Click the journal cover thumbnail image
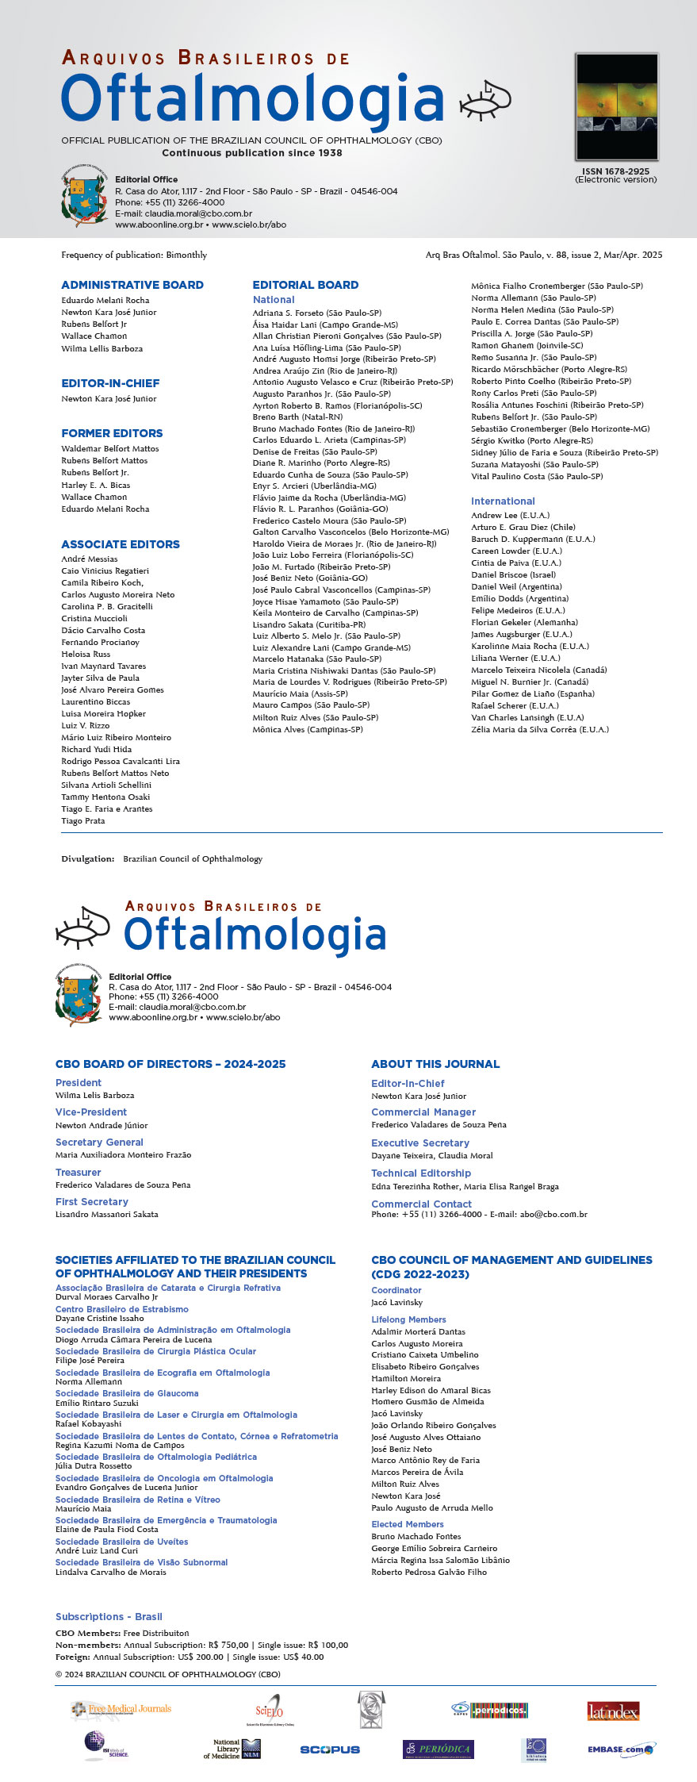pos(617,106)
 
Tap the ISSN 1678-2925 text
pos(615,171)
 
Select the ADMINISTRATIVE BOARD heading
pos(132,285)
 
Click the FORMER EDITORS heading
pos(112,433)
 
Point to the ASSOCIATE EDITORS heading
pos(121,544)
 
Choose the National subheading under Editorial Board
pos(274,300)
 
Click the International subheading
pos(503,501)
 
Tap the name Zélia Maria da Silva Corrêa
pos(540,729)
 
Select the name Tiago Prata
pos(83,821)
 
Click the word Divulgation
pos(87,858)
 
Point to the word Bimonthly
pos(186,255)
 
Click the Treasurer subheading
pos(79,1172)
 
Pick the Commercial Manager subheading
pos(423,1112)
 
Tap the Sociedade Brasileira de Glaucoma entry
pos(127,1393)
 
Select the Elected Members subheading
pos(408,1524)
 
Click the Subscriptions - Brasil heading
pos(109,1616)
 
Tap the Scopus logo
pos(330,1749)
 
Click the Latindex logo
pos(613,1711)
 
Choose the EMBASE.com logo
pos(621,1749)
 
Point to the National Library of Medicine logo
pos(232,1749)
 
